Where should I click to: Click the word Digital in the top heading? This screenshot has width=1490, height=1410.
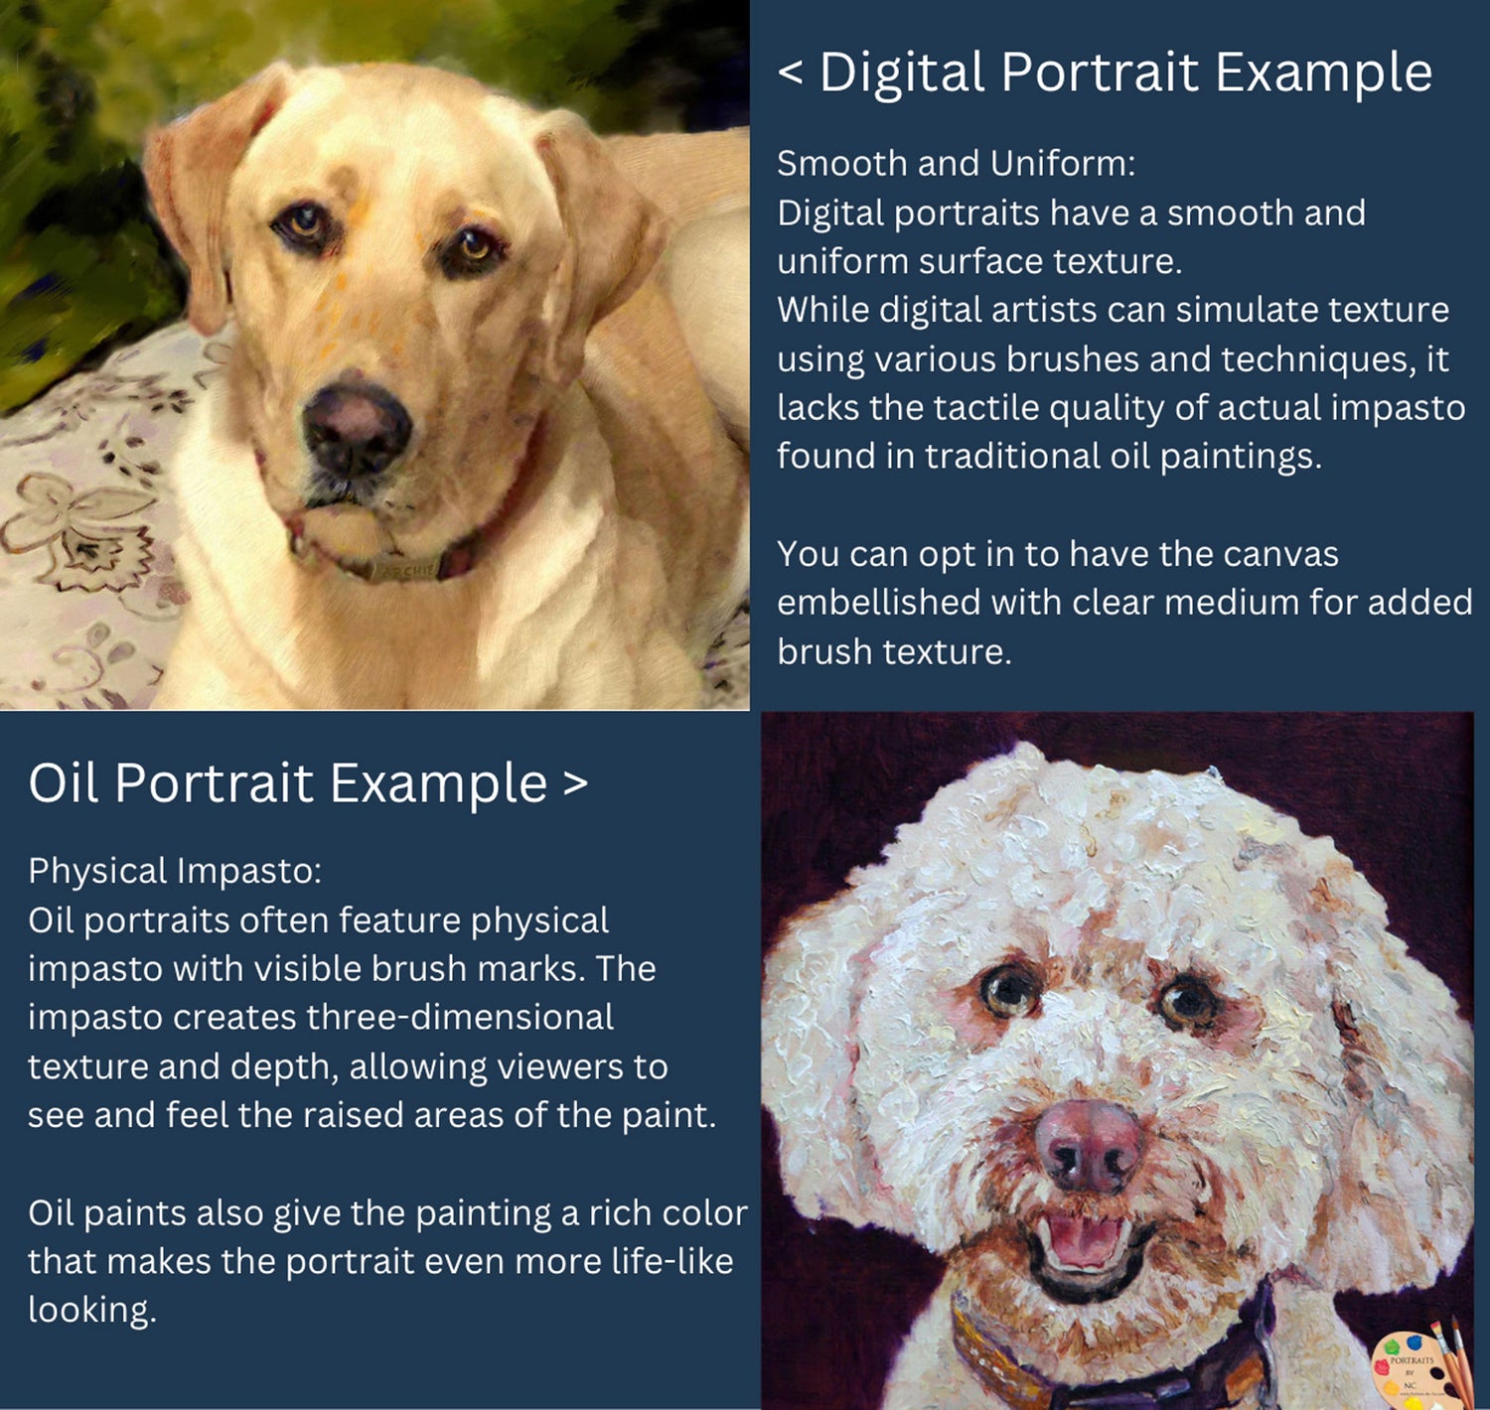click(x=902, y=72)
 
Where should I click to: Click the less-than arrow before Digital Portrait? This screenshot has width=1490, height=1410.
click(x=791, y=74)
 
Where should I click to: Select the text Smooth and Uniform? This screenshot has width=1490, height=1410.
click(x=957, y=164)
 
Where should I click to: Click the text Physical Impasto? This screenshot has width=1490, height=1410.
click(x=175, y=871)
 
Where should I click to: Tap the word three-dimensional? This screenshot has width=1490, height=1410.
click(x=393, y=1018)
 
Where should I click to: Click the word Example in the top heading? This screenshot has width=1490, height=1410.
click(x=1324, y=74)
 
